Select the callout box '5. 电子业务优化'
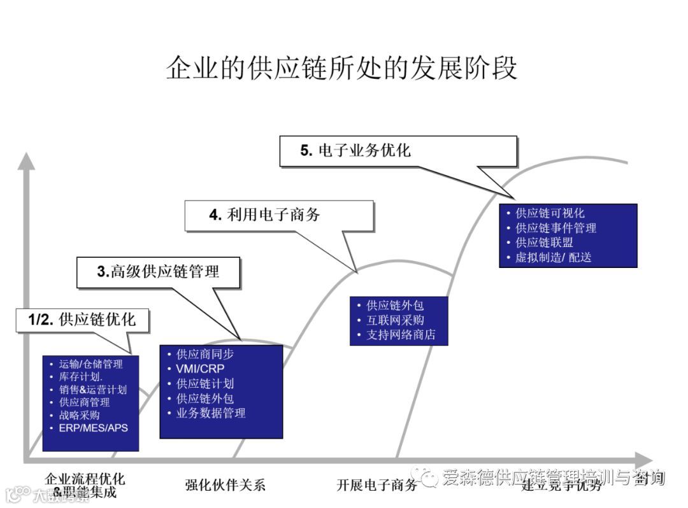pos(398,151)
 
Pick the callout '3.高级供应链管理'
pos(159,272)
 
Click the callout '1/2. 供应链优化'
pos(83,320)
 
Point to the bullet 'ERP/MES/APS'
pos(94,427)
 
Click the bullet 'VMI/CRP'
pos(200,369)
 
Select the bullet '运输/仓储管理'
pos(91,364)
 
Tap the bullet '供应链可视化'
pos(550,213)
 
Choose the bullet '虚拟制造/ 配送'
pos(553,258)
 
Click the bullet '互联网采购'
pos(395,320)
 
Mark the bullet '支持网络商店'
pos(401,335)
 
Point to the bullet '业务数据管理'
pos(210,413)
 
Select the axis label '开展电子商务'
pos(377,486)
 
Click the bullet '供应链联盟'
pos(544,243)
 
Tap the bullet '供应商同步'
pos(204,354)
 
